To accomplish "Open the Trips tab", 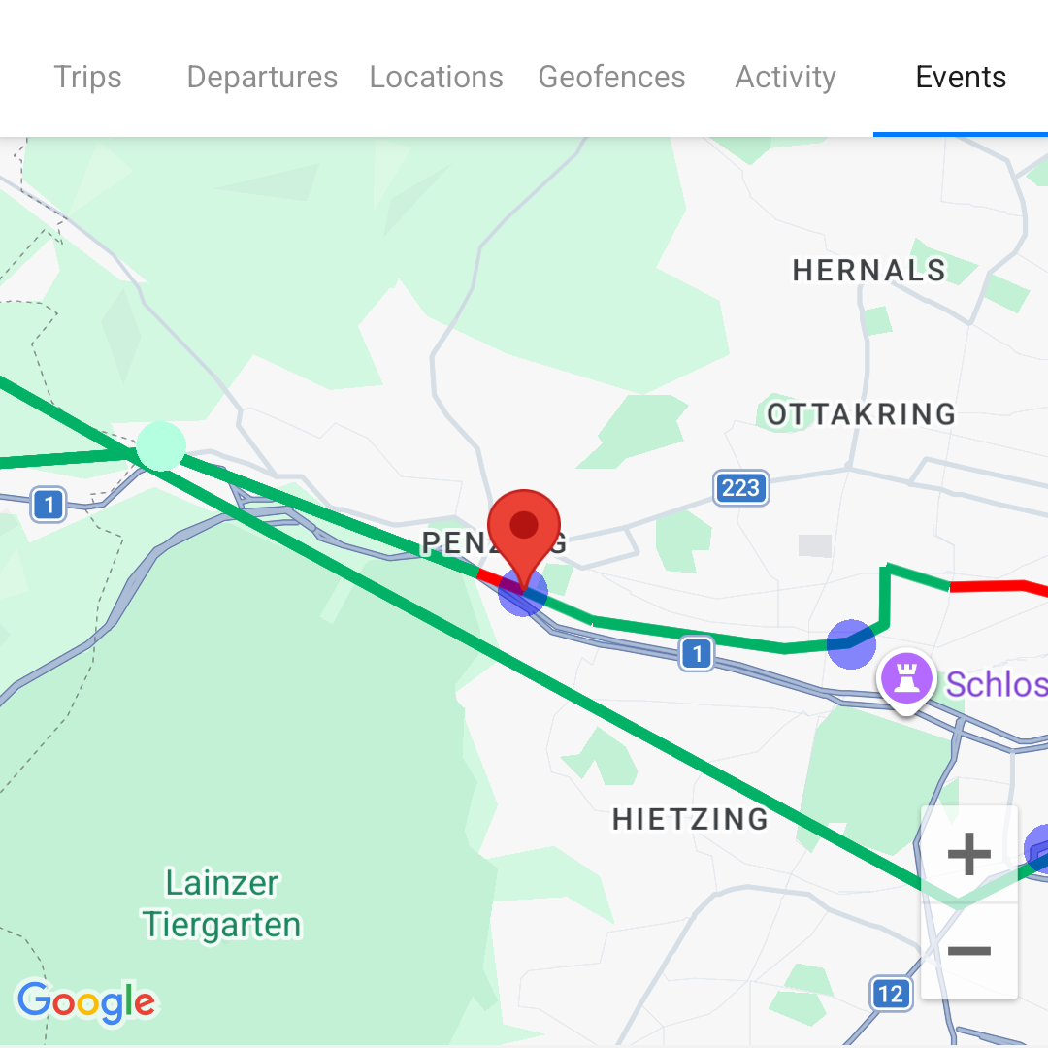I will click(87, 77).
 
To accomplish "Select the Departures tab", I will click(262, 77).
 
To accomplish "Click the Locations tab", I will click(436, 77).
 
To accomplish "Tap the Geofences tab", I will click(611, 77).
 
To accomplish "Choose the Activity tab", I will click(785, 77).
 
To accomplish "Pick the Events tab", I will click(961, 77).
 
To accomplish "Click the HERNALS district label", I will click(868, 271).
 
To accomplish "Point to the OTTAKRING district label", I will click(862, 414).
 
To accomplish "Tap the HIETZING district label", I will click(690, 819).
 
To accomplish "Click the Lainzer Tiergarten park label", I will click(222, 903).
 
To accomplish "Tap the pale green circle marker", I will click(161, 446).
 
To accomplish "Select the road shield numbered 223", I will click(740, 487).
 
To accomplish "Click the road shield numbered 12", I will click(890, 994).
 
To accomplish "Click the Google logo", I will click(86, 1002).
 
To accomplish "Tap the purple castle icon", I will click(906, 677).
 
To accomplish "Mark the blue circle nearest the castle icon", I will click(851, 643).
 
